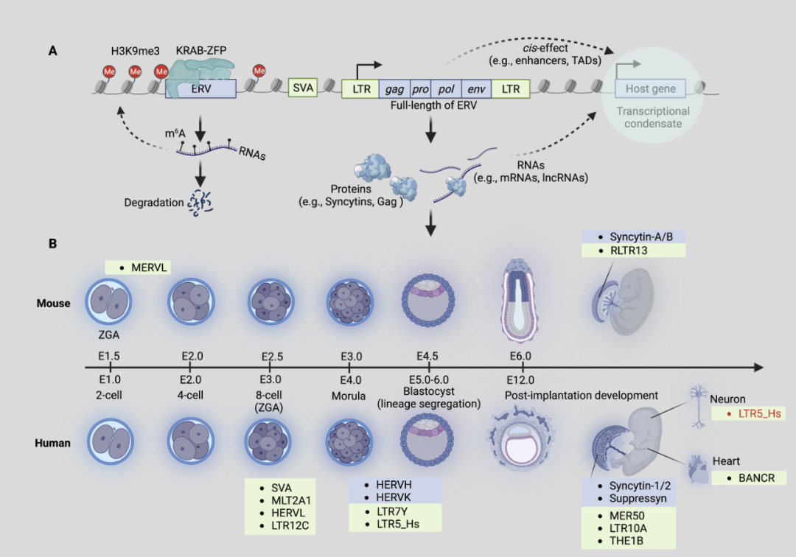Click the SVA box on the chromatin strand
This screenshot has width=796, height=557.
(x=303, y=88)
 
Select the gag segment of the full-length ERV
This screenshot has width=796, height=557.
(x=394, y=89)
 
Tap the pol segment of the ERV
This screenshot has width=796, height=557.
(x=446, y=89)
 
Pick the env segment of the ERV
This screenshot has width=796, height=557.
(x=476, y=89)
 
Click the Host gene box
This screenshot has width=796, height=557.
(x=650, y=89)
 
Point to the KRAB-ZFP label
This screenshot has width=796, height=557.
(x=201, y=50)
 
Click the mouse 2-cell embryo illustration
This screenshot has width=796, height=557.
(x=109, y=303)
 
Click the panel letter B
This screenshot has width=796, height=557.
(x=53, y=242)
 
